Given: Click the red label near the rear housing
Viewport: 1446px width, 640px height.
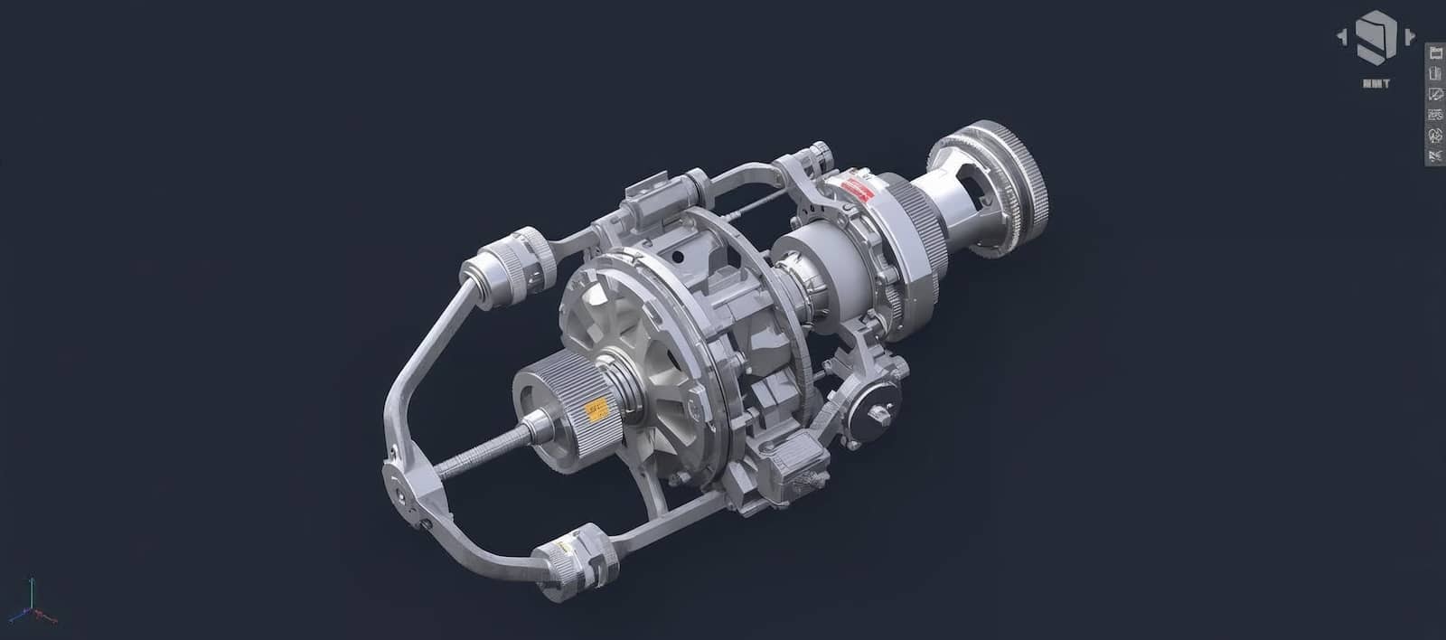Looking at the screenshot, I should [x=854, y=189].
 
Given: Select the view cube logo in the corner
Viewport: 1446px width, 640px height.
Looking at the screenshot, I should [x=1376, y=37].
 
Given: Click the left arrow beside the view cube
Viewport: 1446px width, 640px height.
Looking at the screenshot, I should [x=1342, y=37].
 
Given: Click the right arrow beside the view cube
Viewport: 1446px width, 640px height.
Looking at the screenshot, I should [x=1410, y=37].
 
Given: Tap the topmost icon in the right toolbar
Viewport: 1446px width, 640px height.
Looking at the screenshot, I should [x=1434, y=52].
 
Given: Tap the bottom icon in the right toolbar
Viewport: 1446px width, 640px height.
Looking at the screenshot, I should [x=1434, y=155].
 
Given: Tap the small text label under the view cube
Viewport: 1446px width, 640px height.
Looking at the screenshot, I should [x=1376, y=84].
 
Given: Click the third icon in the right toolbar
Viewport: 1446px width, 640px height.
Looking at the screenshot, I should [x=1434, y=94].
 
